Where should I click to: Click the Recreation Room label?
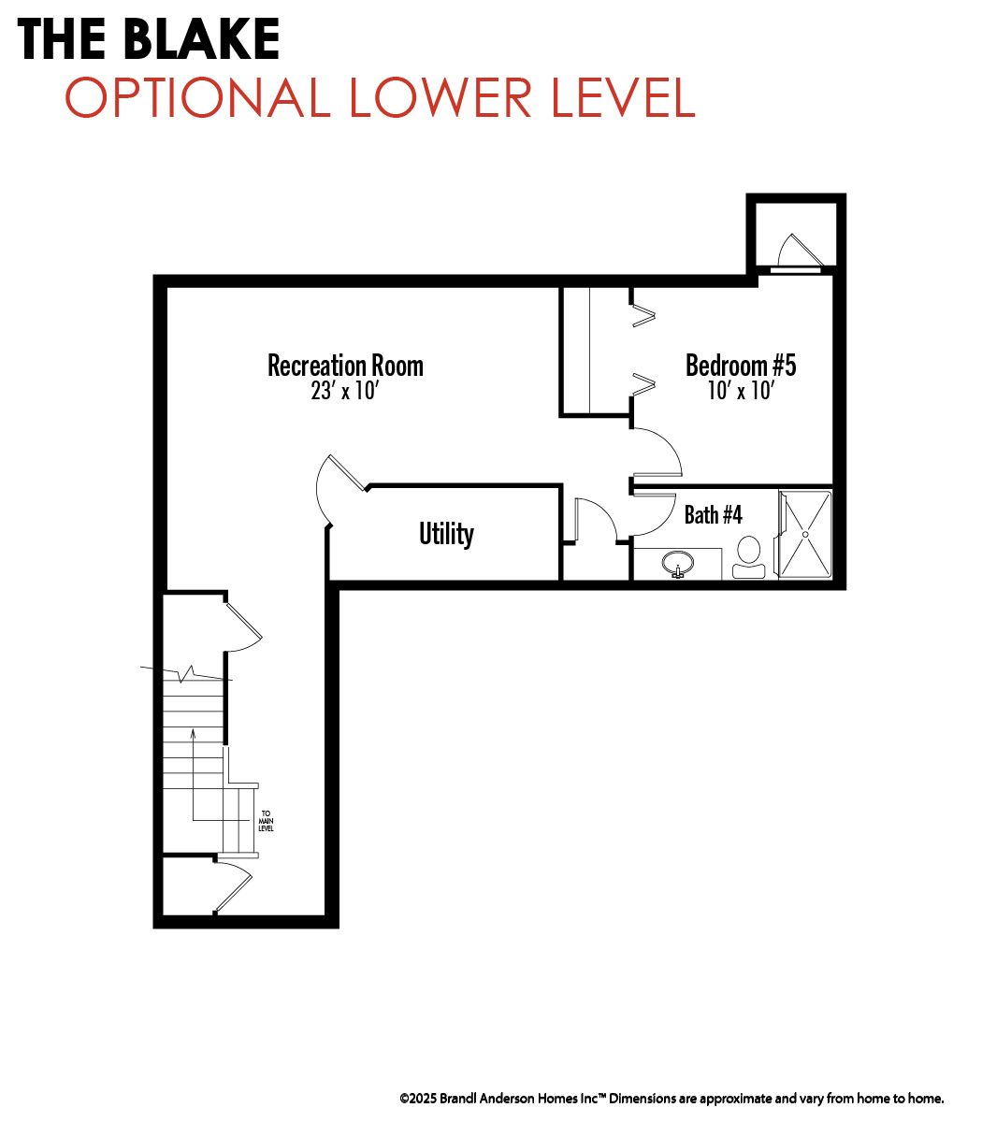coord(345,366)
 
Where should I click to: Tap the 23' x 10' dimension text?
coord(345,391)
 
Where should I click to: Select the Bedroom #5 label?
coord(741,366)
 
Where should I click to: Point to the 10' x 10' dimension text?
coord(741,391)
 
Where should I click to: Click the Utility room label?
coord(446,534)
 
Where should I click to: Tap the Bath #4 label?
coord(714,515)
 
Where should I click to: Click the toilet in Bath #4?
coord(749,556)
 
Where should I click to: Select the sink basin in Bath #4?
coord(678,563)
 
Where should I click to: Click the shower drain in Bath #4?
coord(806,534)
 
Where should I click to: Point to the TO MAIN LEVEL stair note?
coord(266,821)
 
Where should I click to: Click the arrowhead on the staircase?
coord(193,734)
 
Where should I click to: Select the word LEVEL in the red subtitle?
coord(624,97)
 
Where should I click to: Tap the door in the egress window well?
coord(800,252)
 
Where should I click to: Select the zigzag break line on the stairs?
coord(186,673)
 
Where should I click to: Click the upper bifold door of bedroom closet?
coord(644,316)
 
